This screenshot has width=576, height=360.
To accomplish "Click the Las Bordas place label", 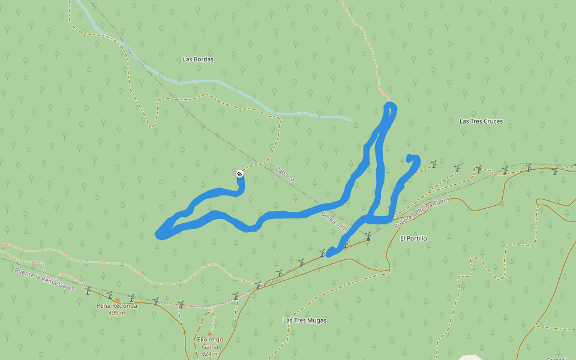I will tap(198, 59).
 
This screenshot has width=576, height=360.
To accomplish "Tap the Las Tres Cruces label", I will tap(481, 121).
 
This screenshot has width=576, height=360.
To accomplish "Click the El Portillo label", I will tap(413, 238).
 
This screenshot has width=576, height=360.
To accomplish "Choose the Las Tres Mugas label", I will tap(305, 320).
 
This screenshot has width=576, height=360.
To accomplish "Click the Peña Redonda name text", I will tap(116, 305).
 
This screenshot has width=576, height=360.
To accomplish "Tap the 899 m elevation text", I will tap(116, 313).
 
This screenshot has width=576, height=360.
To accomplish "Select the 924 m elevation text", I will tap(210, 354).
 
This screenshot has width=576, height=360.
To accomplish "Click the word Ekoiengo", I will tap(210, 340).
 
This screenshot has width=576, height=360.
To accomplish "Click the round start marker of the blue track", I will tap(239, 174).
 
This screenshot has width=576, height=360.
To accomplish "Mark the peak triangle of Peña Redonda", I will tap(117, 299).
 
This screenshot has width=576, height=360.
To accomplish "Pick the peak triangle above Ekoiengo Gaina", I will tap(210, 333).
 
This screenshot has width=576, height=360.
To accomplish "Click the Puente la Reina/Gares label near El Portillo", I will tap(422, 212).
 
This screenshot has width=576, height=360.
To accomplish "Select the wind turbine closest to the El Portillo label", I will tap(368, 238).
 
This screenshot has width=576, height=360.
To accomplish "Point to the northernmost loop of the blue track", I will tap(390, 108).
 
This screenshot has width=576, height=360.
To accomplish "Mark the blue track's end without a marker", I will tap(410, 158).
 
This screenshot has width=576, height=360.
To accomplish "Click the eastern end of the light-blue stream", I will tap(350, 119).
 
